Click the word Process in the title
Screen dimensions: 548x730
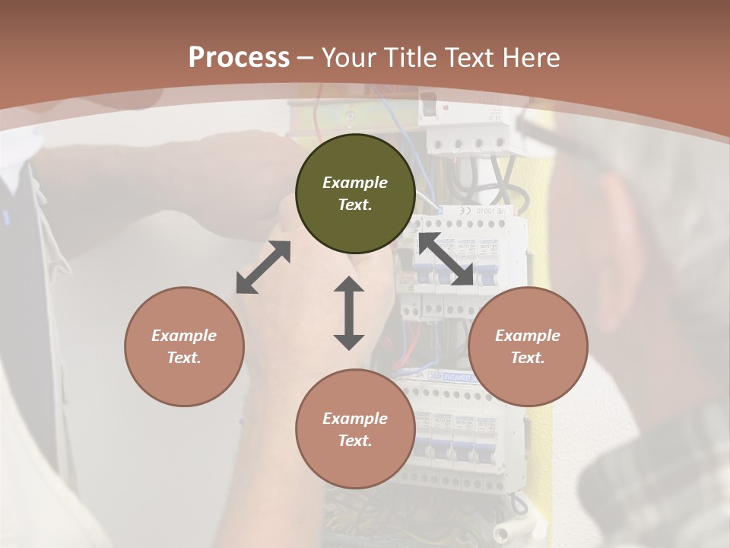pos(239,58)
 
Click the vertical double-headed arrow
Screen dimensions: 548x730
pos(349,313)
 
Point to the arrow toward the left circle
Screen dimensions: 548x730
pos(263,267)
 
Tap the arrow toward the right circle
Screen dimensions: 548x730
pos(446,260)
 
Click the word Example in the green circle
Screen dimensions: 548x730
pos(355,183)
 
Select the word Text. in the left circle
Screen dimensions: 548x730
pos(184,358)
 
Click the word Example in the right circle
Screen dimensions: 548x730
pos(528,336)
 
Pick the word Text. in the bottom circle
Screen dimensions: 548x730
pos(355,441)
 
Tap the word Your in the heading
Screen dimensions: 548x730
pos(349,58)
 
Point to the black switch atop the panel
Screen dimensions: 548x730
pos(429,106)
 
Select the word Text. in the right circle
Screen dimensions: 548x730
pos(528,358)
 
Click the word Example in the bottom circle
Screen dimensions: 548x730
pos(355,419)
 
